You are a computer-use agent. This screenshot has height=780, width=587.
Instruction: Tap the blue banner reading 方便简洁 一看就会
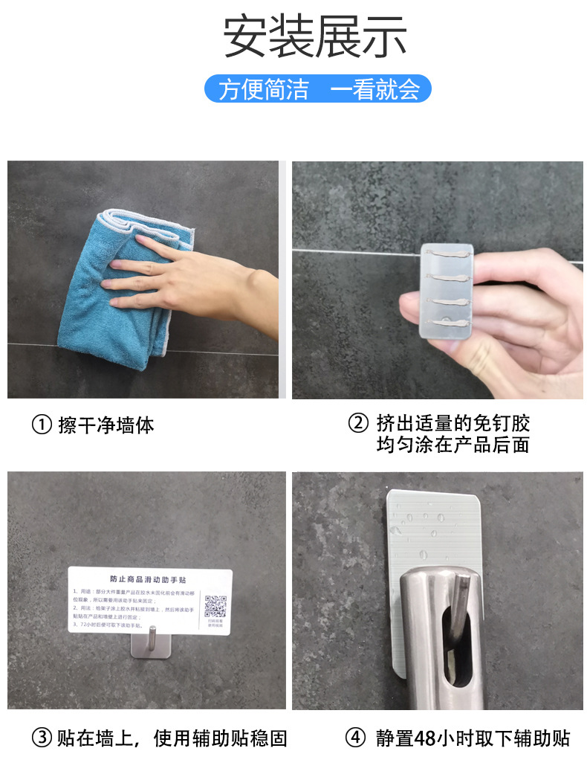coord(318,89)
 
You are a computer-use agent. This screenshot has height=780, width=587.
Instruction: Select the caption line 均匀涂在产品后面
coord(453,445)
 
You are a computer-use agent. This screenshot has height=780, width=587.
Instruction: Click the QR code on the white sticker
coord(215,606)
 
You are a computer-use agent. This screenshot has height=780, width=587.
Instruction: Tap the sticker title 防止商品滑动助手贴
coord(149,578)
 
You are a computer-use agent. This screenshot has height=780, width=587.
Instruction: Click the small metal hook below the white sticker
coord(149,644)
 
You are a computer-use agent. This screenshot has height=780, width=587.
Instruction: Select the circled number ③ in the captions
coord(41,738)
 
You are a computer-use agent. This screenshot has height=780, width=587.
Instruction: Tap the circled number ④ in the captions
coord(356,738)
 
